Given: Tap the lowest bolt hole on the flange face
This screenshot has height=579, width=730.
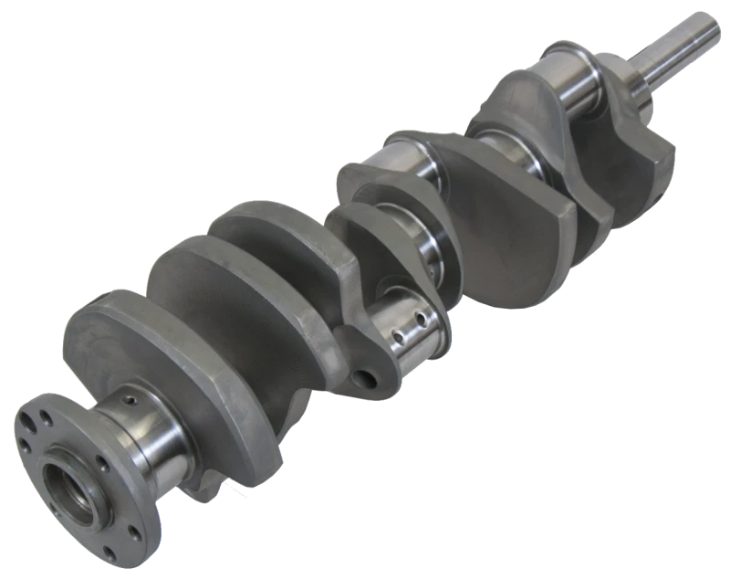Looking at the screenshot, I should [110, 549].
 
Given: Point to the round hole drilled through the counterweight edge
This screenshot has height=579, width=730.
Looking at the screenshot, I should [370, 375].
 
